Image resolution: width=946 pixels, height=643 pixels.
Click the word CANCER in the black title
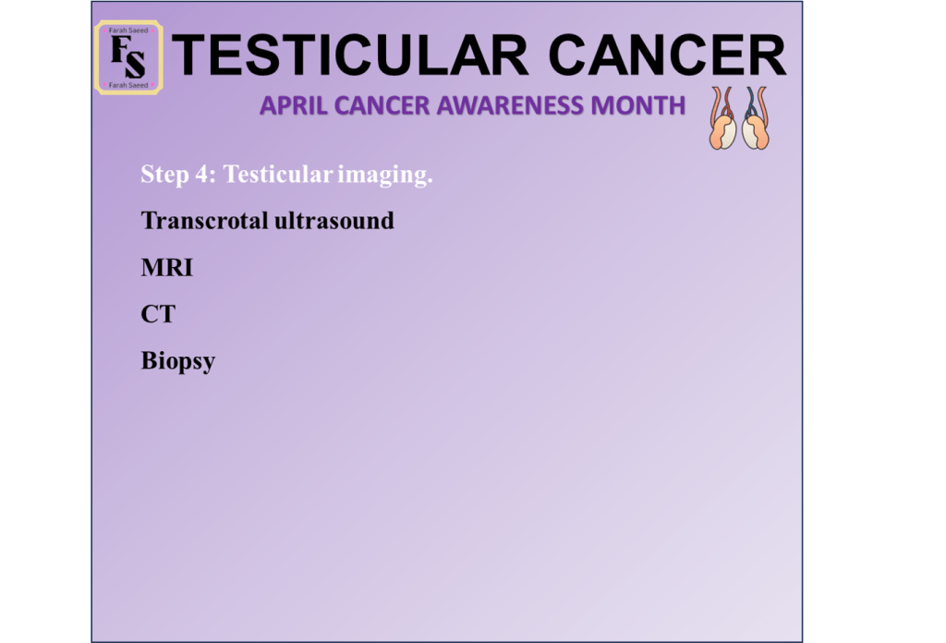[667, 55]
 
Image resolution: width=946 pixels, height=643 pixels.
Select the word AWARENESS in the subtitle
[510, 105]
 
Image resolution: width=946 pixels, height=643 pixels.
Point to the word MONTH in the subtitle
[638, 105]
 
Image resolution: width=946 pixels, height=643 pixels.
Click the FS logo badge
[128, 57]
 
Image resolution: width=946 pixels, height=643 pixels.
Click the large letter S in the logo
[136, 65]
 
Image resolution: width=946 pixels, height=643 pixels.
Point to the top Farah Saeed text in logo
[128, 30]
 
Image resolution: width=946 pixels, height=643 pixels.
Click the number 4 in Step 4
[200, 175]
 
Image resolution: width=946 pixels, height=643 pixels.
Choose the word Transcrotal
[204, 221]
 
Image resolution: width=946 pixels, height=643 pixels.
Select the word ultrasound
[334, 221]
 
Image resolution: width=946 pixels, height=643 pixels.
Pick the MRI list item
[167, 268]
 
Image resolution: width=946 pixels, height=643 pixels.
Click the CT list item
[158, 314]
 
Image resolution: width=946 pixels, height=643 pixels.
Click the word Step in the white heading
[164, 176]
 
